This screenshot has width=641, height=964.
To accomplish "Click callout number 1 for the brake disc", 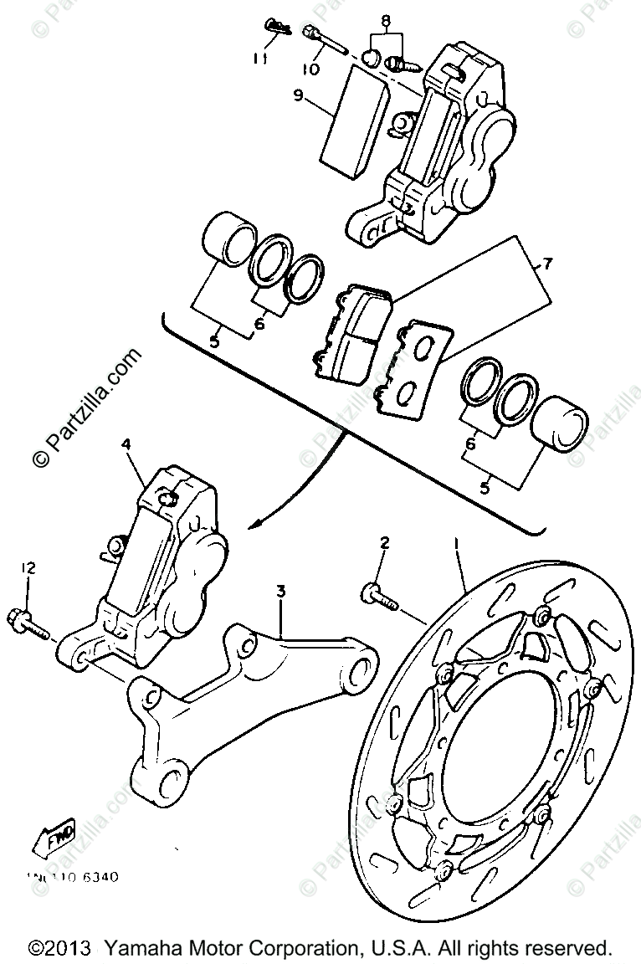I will coord(457,544).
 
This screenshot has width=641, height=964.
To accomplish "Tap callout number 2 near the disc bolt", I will coord(384,544).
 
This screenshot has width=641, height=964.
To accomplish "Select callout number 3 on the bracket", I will coord(281,592).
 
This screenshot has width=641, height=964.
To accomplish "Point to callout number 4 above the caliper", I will coord(126,446).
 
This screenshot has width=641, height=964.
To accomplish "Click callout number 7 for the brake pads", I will coord(547,265).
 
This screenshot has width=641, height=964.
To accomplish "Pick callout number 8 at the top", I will coord(385,19).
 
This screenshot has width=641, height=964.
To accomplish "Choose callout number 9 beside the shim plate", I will coord(298,96).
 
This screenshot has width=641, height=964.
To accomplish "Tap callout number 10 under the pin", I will coord(310,69).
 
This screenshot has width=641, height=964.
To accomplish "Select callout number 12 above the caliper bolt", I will coord(28,568).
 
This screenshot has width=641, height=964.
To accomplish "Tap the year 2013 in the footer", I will coord(64,949).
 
